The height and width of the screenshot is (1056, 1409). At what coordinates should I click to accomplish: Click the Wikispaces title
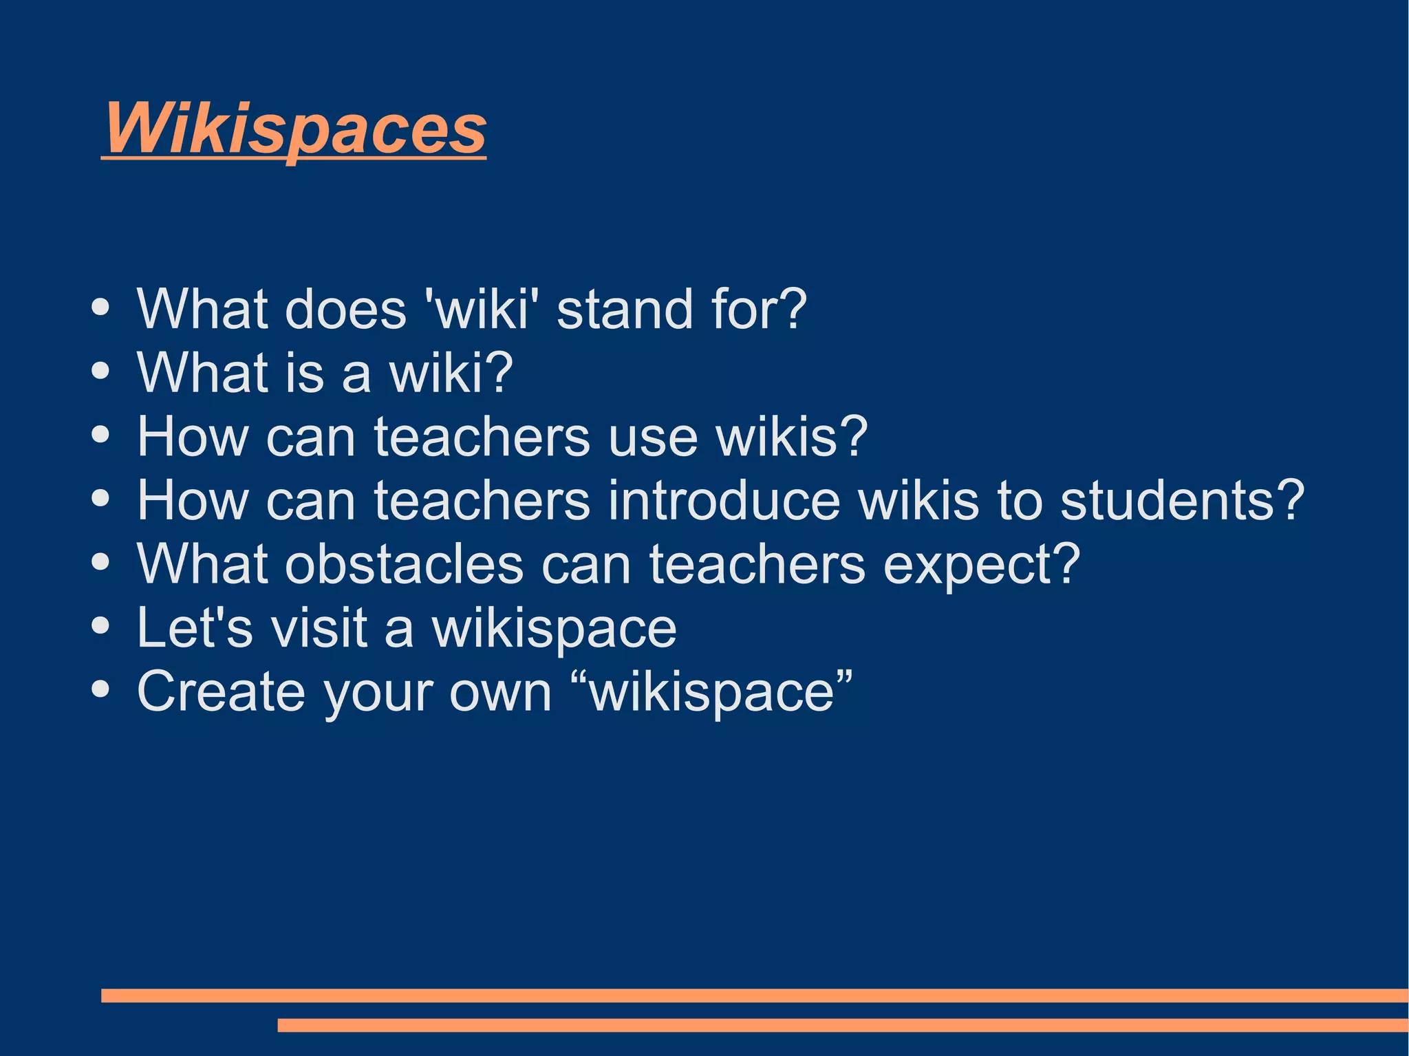(294, 128)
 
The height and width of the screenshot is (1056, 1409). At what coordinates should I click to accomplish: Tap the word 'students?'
(1181, 500)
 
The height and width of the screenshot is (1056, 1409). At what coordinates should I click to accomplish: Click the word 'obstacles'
(405, 564)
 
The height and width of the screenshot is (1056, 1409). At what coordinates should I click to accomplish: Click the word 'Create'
(220, 691)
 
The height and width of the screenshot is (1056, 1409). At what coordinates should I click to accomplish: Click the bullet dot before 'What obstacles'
(100, 562)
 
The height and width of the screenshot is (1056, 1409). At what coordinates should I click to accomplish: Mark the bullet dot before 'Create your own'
(100, 689)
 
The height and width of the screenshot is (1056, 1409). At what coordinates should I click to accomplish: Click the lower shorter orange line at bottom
(842, 1025)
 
